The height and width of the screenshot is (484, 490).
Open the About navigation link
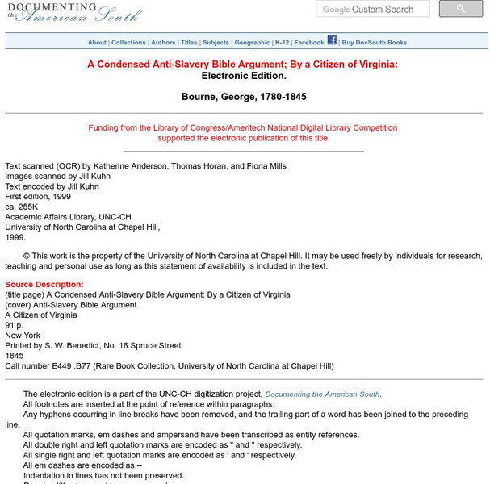97,43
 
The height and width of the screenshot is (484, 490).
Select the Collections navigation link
128,43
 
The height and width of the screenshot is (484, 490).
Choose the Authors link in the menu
163,43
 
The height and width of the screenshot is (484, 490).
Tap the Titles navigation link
189,43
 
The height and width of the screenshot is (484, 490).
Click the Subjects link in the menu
216,43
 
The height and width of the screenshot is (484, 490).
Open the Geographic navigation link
253,43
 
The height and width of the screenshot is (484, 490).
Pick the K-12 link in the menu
282,43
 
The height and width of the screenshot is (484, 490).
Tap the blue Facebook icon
332,40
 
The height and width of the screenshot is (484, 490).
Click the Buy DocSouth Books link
374,43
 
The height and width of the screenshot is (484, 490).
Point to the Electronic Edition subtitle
244,77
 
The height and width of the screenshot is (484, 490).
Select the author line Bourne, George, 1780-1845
244,97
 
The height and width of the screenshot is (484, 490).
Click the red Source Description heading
44,285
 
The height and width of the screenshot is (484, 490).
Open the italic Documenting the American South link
322,394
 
